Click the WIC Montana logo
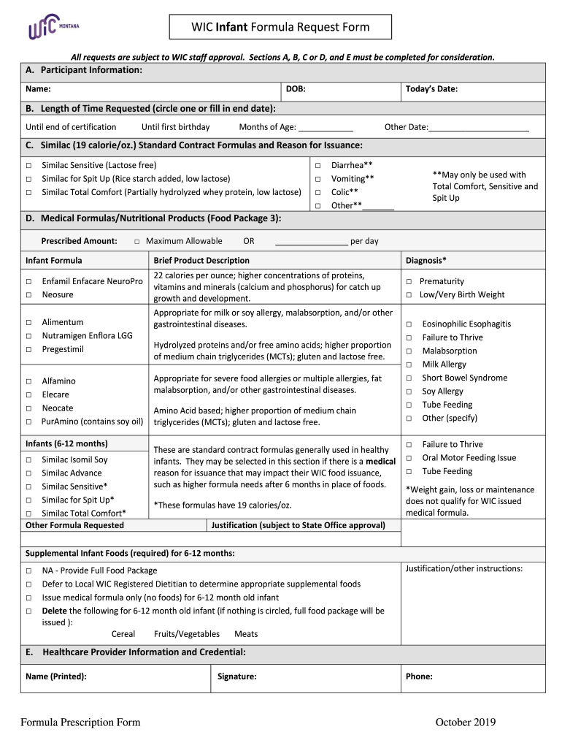click(53, 28)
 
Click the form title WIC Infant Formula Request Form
click(280, 28)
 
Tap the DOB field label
click(295, 89)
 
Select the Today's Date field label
click(431, 89)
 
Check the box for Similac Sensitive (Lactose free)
click(28, 166)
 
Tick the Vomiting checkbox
click(317, 179)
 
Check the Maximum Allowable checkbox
click(136, 241)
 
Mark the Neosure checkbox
click(28, 295)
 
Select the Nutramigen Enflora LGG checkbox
click(28, 336)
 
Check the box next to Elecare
click(28, 395)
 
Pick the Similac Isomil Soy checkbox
click(28, 460)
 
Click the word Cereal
click(123, 634)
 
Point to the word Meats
click(246, 634)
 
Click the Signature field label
click(236, 676)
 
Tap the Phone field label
click(419, 676)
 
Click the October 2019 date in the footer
click(465, 722)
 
